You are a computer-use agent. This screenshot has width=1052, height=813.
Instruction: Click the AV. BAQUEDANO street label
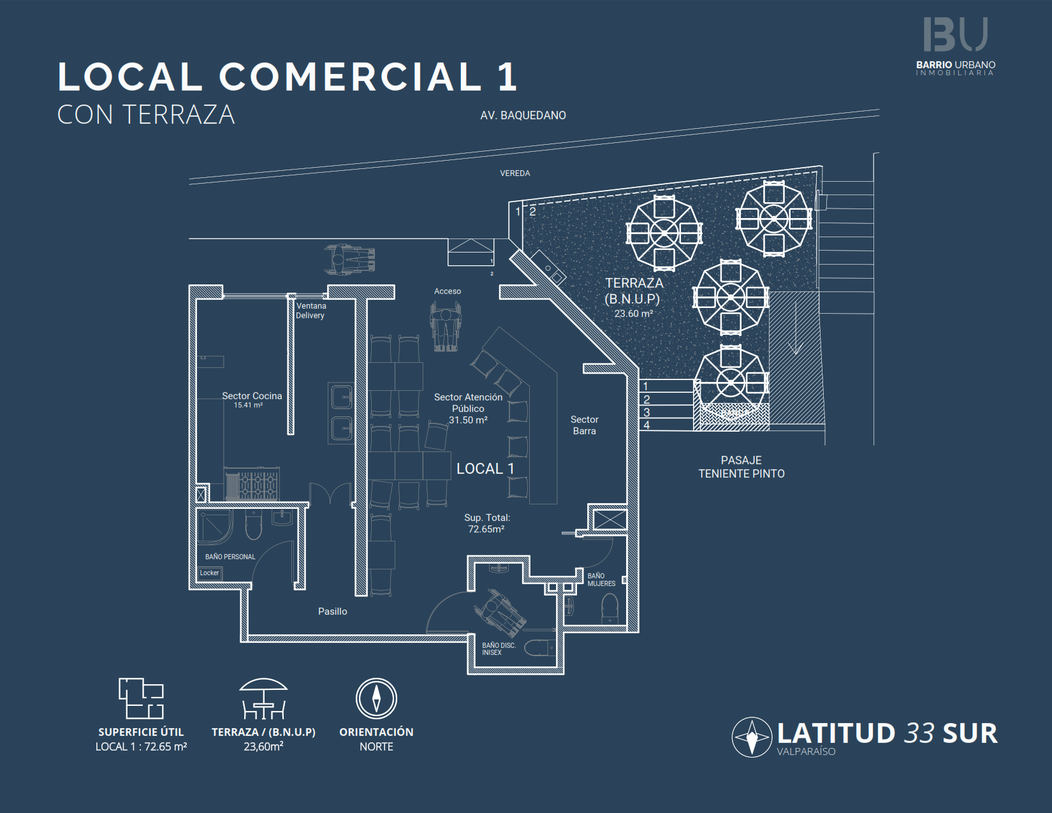[523, 115]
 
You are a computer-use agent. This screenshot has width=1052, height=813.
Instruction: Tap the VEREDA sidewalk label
[515, 173]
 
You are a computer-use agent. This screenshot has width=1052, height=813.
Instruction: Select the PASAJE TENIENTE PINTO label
[741, 467]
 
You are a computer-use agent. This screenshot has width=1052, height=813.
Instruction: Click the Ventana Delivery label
[310, 311]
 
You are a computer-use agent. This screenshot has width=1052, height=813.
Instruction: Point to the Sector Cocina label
[252, 396]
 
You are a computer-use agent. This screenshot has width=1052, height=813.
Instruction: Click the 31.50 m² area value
[468, 420]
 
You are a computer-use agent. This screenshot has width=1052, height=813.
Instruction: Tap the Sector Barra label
[584, 425]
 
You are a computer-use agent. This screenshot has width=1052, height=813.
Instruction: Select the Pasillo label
[332, 612]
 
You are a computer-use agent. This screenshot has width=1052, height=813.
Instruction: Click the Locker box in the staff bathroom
[209, 573]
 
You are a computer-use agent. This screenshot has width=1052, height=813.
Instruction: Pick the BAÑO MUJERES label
[601, 580]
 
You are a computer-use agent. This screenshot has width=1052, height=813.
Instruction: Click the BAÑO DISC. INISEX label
[498, 649]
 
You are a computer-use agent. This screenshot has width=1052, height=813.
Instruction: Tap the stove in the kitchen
[252, 485]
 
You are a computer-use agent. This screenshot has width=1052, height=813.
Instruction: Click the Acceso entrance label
[447, 291]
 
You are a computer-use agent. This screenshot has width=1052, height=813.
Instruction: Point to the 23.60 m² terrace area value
[633, 314]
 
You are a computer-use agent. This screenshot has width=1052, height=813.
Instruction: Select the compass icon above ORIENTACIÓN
[376, 698]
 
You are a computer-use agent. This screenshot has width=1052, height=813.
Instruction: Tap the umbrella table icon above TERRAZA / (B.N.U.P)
[263, 698]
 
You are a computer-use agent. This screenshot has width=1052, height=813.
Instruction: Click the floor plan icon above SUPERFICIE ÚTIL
[141, 698]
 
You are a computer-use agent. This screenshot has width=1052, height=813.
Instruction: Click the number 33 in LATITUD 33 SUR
[919, 733]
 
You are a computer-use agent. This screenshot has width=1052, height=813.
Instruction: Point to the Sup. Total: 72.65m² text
[486, 524]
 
